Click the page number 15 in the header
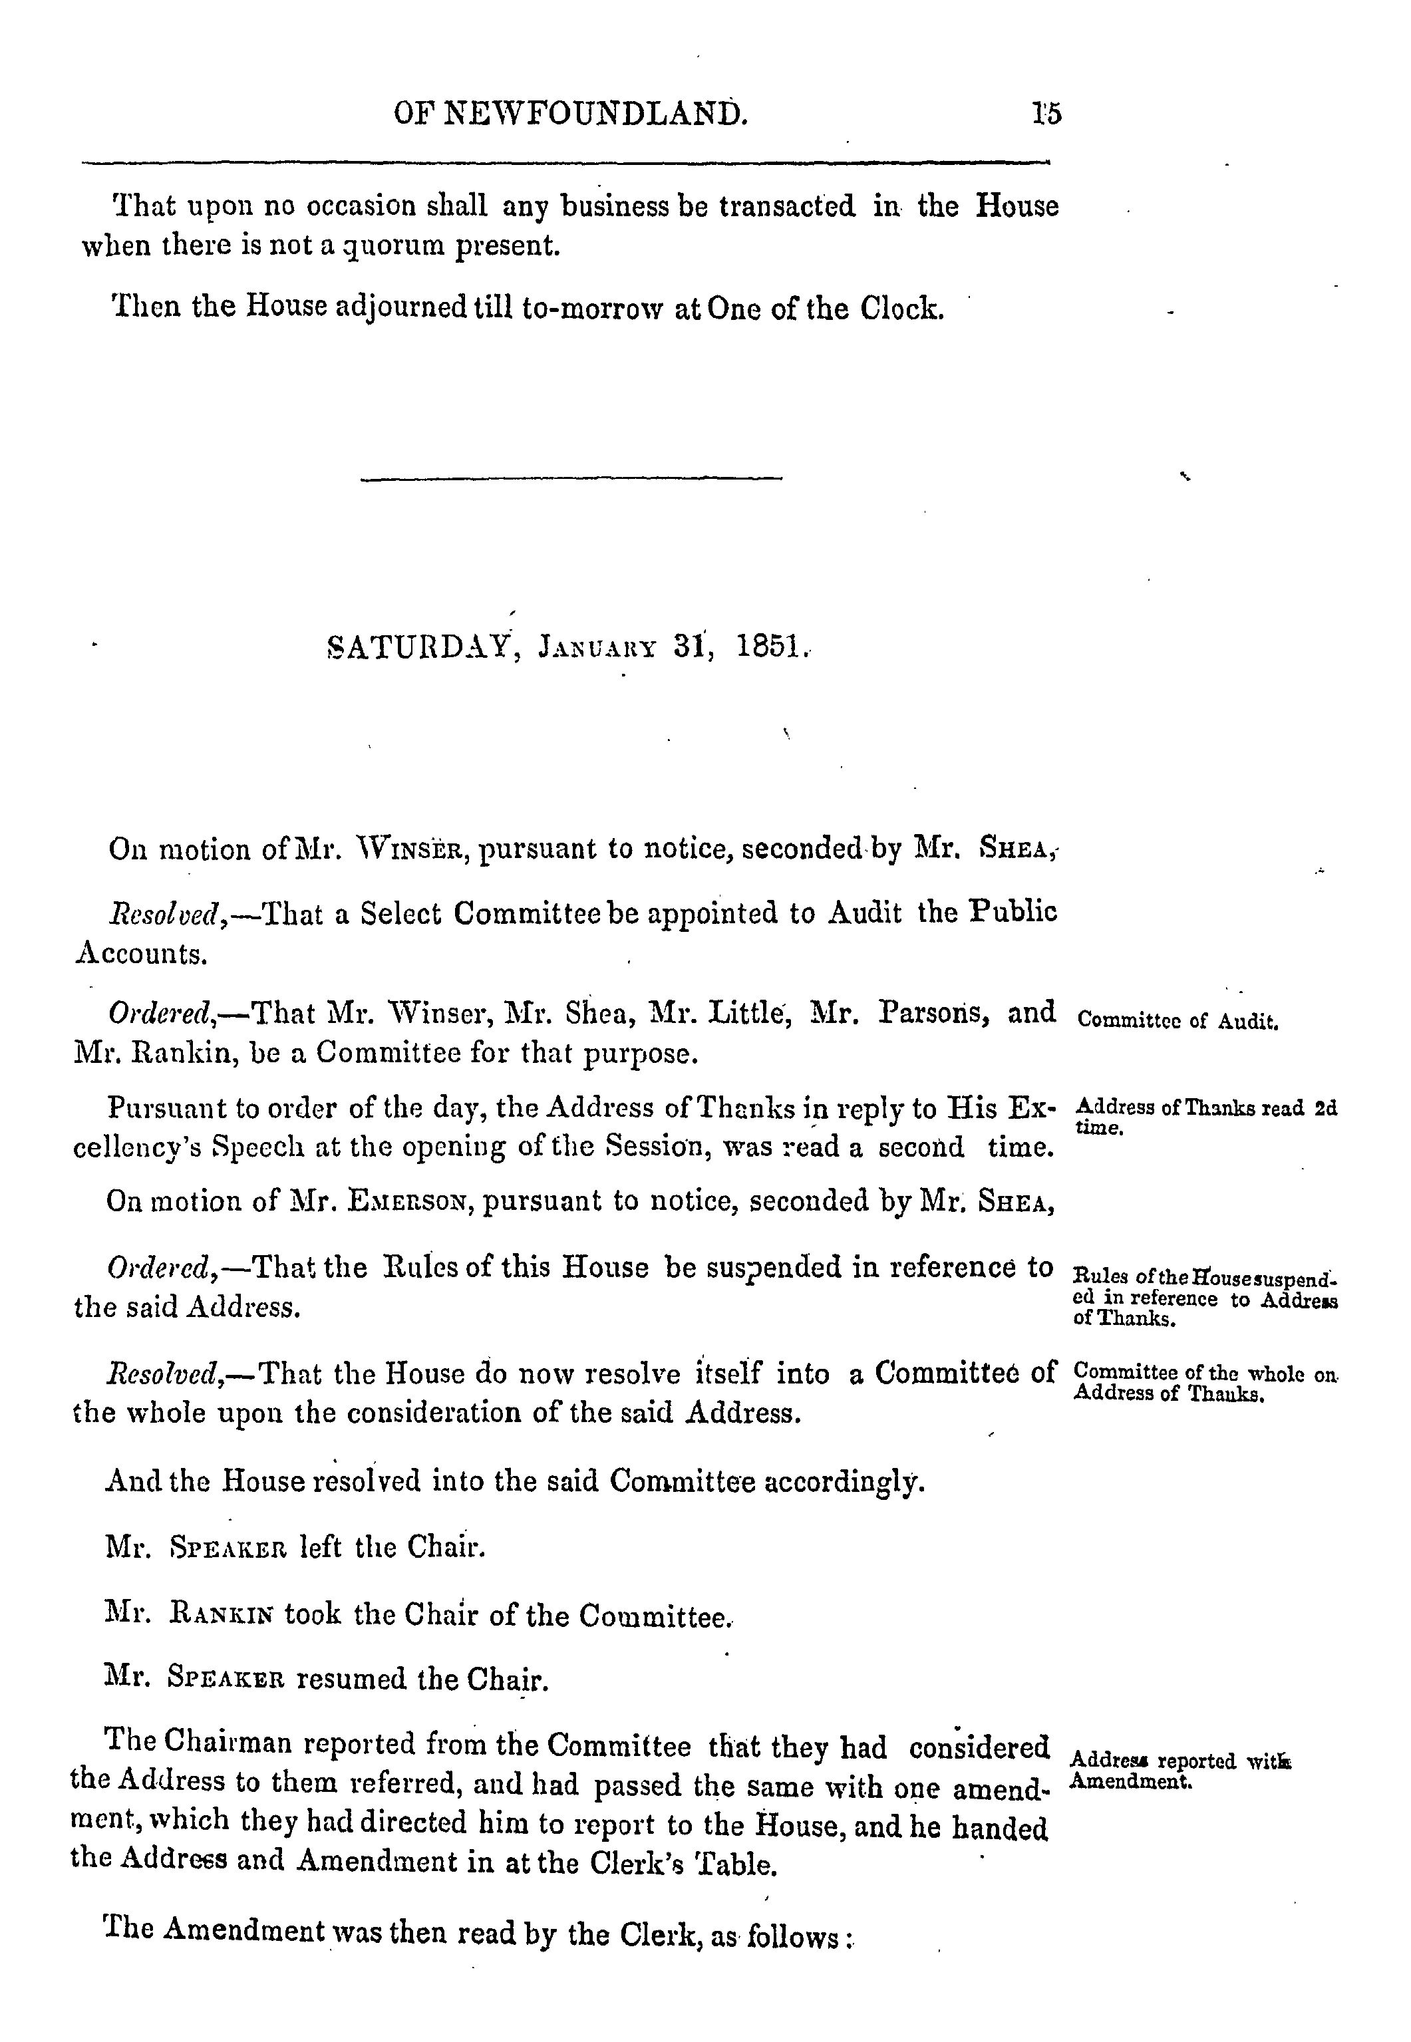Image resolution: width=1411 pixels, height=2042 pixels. pos(1046,115)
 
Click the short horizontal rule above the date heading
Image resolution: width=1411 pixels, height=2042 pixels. pos(572,479)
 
